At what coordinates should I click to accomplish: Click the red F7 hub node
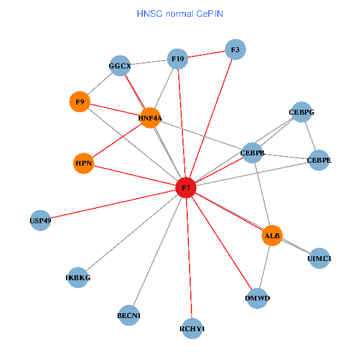click(x=186, y=188)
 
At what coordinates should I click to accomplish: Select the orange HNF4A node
click(x=150, y=118)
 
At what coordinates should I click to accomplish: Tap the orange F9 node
click(x=80, y=101)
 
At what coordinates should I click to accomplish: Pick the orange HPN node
click(x=83, y=163)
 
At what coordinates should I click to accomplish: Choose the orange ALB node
click(x=272, y=236)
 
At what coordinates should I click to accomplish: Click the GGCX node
click(x=120, y=65)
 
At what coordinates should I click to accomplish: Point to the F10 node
click(x=178, y=59)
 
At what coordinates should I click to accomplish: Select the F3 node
click(x=235, y=50)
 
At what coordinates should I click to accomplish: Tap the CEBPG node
click(x=301, y=112)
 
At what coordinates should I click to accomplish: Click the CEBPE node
click(x=319, y=160)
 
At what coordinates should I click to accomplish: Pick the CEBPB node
click(x=253, y=153)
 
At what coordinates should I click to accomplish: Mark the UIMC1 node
click(x=319, y=259)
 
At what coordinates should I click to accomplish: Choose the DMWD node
click(x=257, y=298)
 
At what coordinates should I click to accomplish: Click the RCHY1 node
click(x=192, y=328)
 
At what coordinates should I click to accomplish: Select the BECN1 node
click(x=129, y=315)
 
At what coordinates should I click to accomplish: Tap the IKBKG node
click(x=78, y=277)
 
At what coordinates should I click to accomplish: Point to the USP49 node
click(x=40, y=220)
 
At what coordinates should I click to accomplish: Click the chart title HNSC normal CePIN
click(x=180, y=13)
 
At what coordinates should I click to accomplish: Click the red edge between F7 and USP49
click(x=114, y=204)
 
